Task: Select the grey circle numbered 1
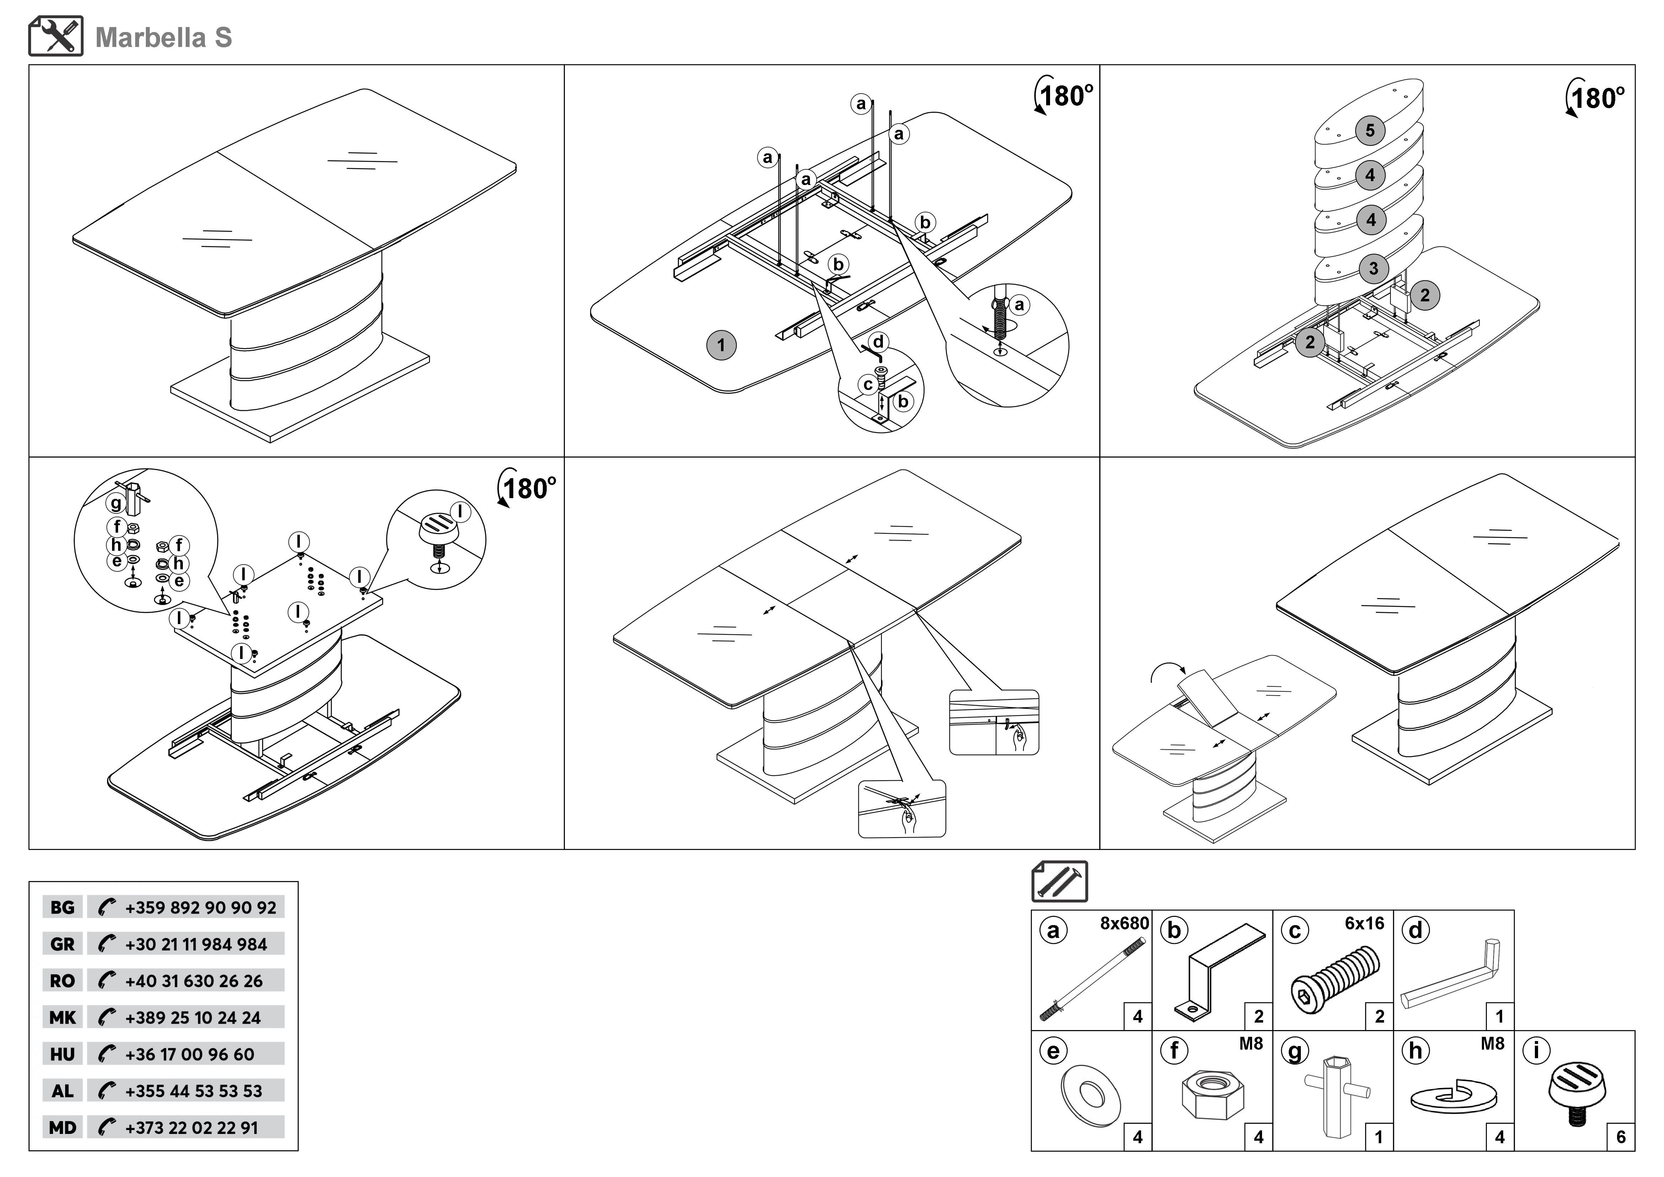tap(721, 345)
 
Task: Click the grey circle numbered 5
tap(1370, 131)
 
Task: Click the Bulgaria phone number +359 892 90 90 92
tap(201, 907)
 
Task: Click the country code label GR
tap(62, 944)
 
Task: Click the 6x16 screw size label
tap(1365, 923)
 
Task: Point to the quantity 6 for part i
tap(1621, 1137)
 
